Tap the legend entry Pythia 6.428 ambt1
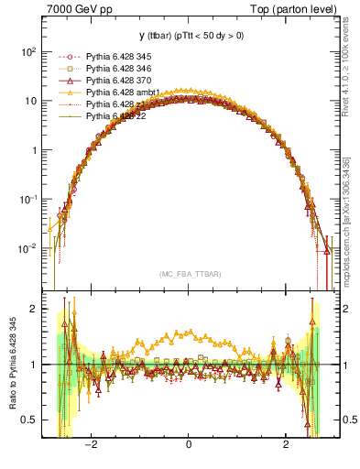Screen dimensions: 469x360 click(119, 93)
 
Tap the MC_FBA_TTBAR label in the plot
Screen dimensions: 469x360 click(188, 274)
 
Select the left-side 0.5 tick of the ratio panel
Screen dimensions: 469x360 click(30, 420)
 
